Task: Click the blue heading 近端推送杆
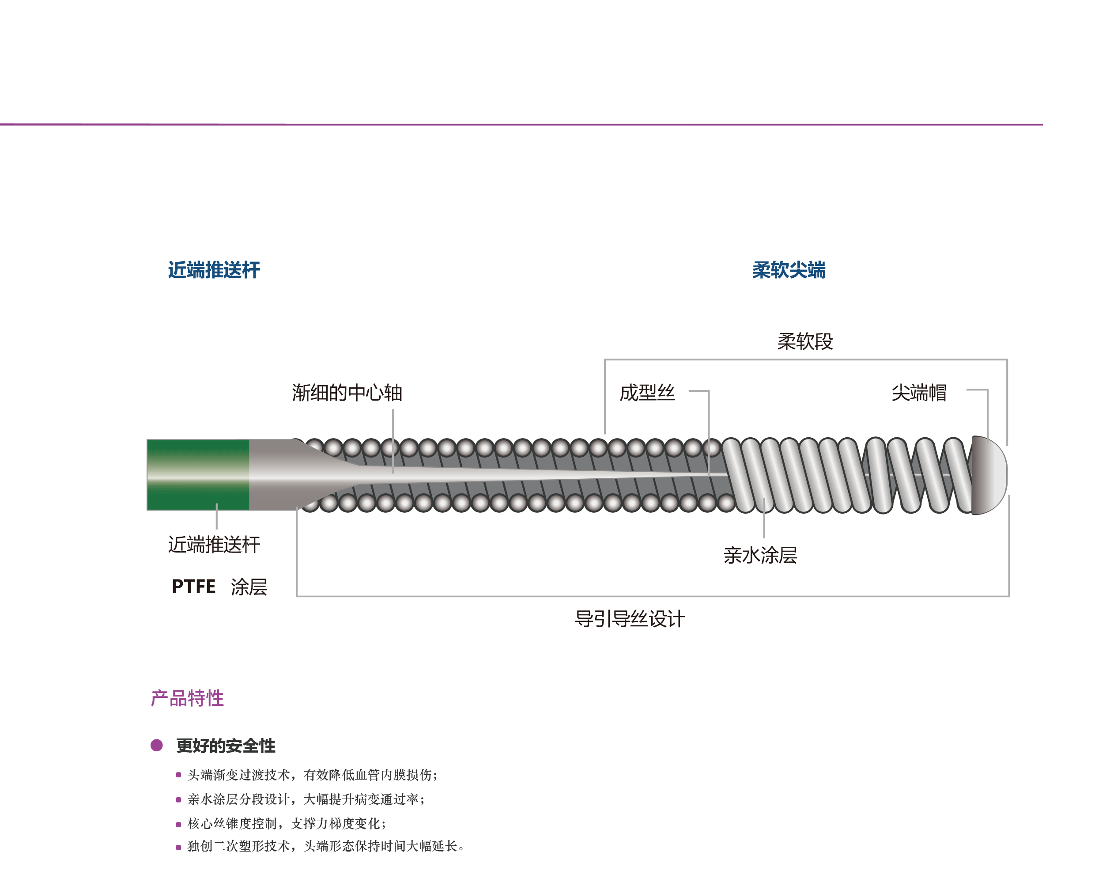click(214, 270)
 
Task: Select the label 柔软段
click(804, 341)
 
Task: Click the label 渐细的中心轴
click(347, 393)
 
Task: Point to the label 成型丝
click(647, 393)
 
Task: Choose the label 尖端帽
click(918, 393)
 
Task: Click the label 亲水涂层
click(760, 555)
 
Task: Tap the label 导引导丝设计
click(630, 619)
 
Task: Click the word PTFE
click(193, 587)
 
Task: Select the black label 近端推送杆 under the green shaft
click(214, 545)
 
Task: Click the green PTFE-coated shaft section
click(198, 475)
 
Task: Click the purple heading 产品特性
click(187, 698)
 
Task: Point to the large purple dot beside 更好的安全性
click(157, 745)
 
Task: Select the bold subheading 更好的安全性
click(226, 746)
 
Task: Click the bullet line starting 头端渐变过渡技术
click(312, 775)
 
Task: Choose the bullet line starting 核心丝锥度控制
click(287, 823)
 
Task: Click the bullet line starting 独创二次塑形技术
click(325, 846)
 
